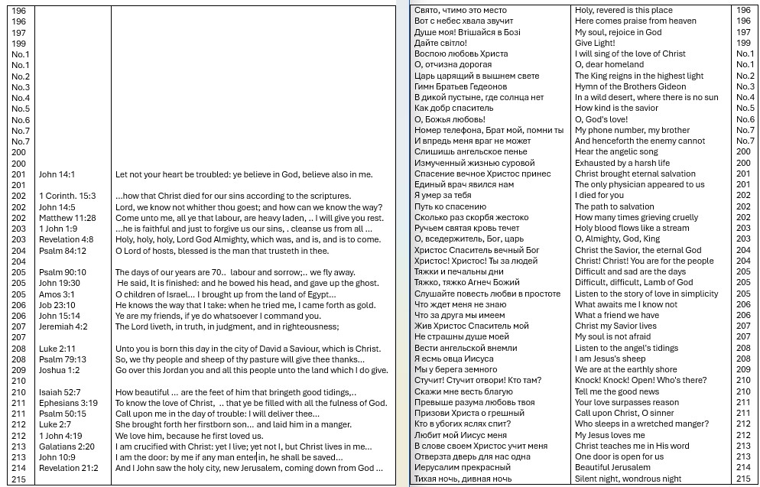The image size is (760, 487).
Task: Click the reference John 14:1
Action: (57, 174)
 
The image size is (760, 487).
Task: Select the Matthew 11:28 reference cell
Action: (67, 218)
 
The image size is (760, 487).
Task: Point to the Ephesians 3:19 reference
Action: (69, 403)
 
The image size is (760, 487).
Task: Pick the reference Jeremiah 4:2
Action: (63, 326)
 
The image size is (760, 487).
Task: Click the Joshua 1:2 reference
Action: (60, 370)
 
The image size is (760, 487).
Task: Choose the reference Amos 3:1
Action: (57, 294)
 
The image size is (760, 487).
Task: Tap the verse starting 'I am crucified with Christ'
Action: (243, 446)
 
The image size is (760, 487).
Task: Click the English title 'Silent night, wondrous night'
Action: (628, 479)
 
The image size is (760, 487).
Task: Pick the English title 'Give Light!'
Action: (595, 43)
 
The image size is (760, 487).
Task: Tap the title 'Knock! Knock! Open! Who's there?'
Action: (641, 380)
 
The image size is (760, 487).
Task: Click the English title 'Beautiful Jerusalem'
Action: (612, 467)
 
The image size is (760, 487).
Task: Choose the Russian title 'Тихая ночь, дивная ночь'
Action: (463, 479)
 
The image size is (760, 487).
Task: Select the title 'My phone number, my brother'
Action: (632, 130)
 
